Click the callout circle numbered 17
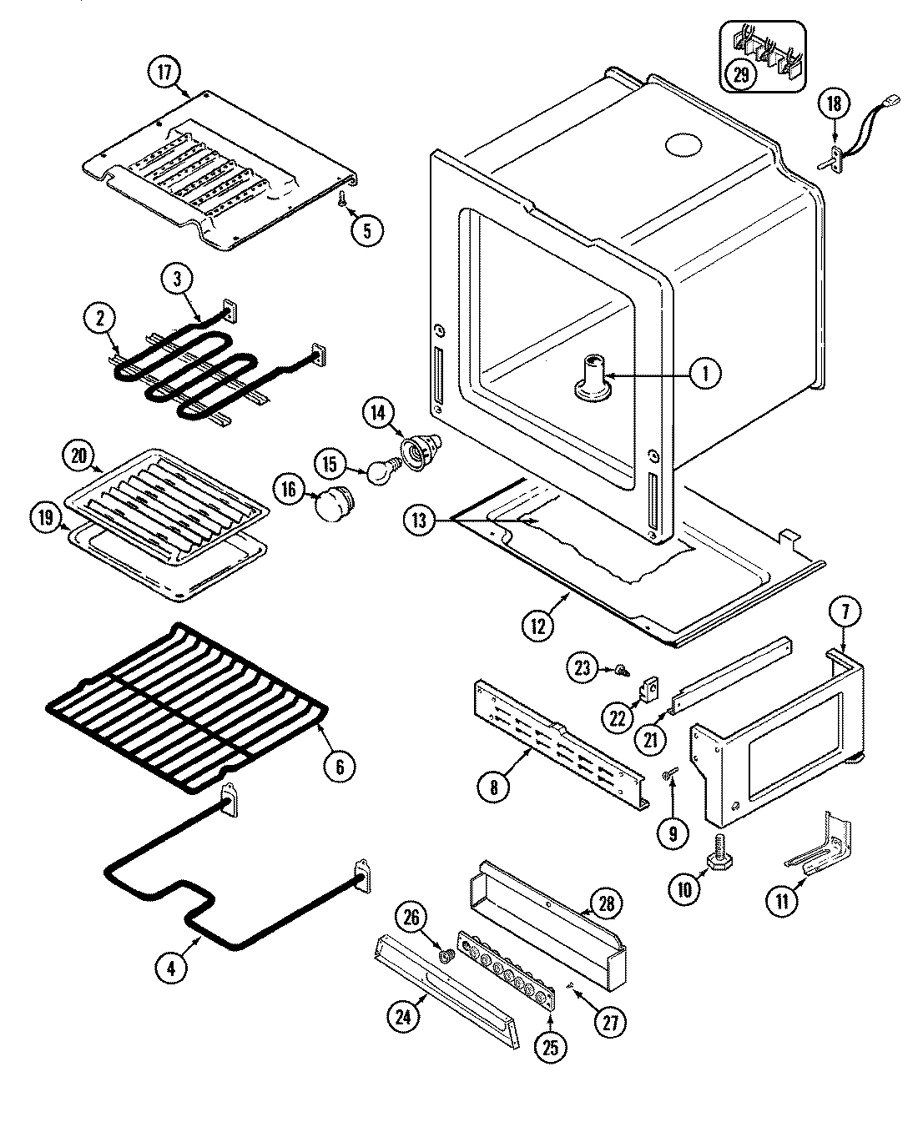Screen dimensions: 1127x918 [x=164, y=73]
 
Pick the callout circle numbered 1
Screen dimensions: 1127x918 [x=705, y=374]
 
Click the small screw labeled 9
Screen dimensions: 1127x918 [x=669, y=777]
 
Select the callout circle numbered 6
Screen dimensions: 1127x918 [x=340, y=765]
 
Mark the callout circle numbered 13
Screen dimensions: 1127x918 [x=418, y=521]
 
